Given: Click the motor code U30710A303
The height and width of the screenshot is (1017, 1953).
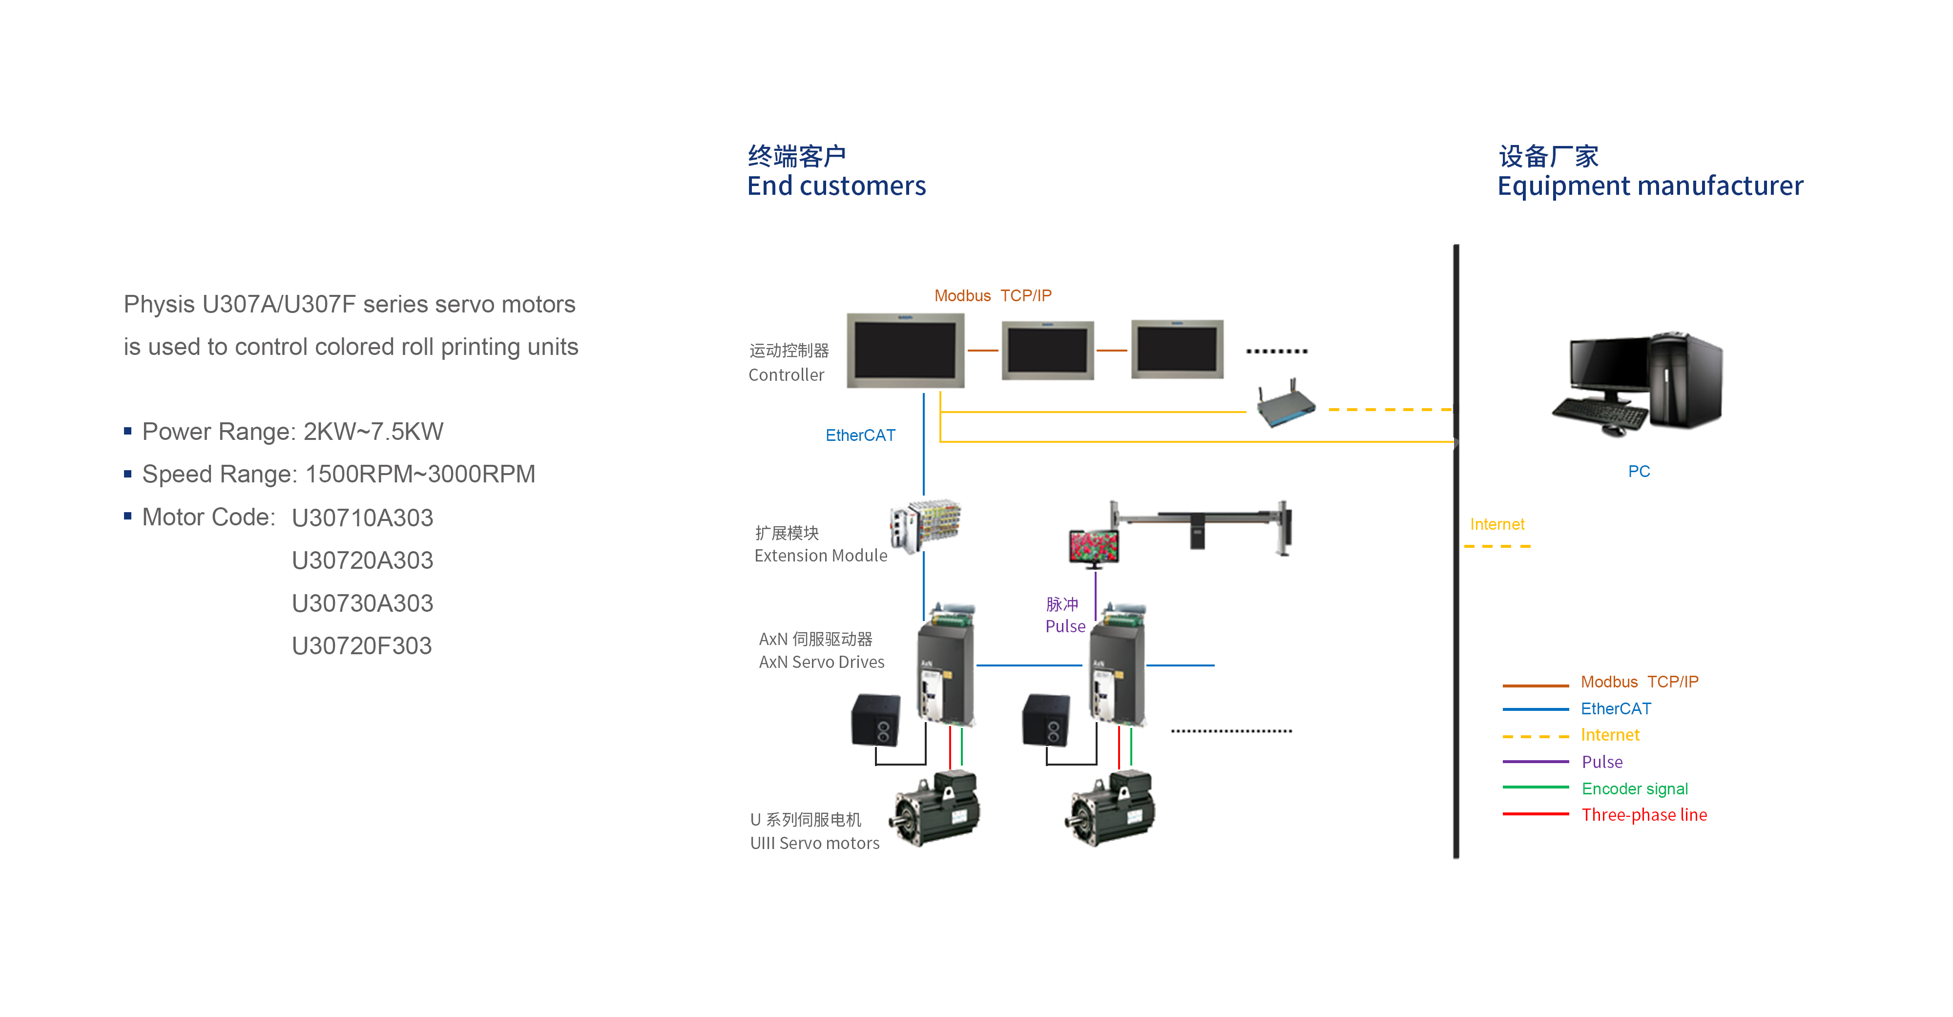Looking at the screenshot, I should tap(362, 518).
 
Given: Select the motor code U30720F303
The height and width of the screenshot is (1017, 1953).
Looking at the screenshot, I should tap(362, 646).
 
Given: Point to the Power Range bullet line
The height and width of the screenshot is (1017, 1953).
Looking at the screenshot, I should tap(292, 432).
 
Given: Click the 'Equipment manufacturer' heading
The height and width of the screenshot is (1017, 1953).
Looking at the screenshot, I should tap(1650, 186).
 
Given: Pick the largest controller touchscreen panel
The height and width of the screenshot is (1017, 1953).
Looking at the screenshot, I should tap(905, 351).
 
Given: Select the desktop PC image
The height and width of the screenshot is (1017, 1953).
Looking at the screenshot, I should tap(1638, 383).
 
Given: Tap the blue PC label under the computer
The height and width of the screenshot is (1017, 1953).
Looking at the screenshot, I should tap(1639, 472).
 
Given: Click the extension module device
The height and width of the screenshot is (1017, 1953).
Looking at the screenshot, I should tap(925, 524).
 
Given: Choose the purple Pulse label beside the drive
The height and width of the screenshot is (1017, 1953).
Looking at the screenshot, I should tap(1065, 626).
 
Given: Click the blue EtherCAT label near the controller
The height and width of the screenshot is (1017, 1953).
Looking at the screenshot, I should tap(860, 436).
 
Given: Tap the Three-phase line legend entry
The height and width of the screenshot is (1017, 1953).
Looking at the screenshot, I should tap(1643, 815).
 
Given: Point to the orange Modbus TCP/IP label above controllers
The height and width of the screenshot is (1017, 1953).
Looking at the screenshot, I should tap(993, 296).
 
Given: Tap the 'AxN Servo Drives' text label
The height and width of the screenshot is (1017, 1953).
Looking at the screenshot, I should tap(821, 662).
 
